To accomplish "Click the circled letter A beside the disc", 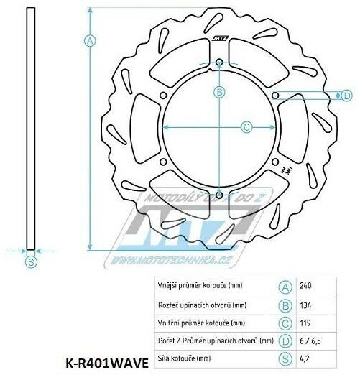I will (91, 41).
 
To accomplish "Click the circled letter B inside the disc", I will (220, 92).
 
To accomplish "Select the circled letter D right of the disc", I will (346, 96).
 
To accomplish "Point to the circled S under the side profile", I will (30, 262).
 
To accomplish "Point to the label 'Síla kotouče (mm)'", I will (185, 357).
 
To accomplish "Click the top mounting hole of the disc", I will (219, 62).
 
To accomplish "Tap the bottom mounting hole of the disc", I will (219, 193).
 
